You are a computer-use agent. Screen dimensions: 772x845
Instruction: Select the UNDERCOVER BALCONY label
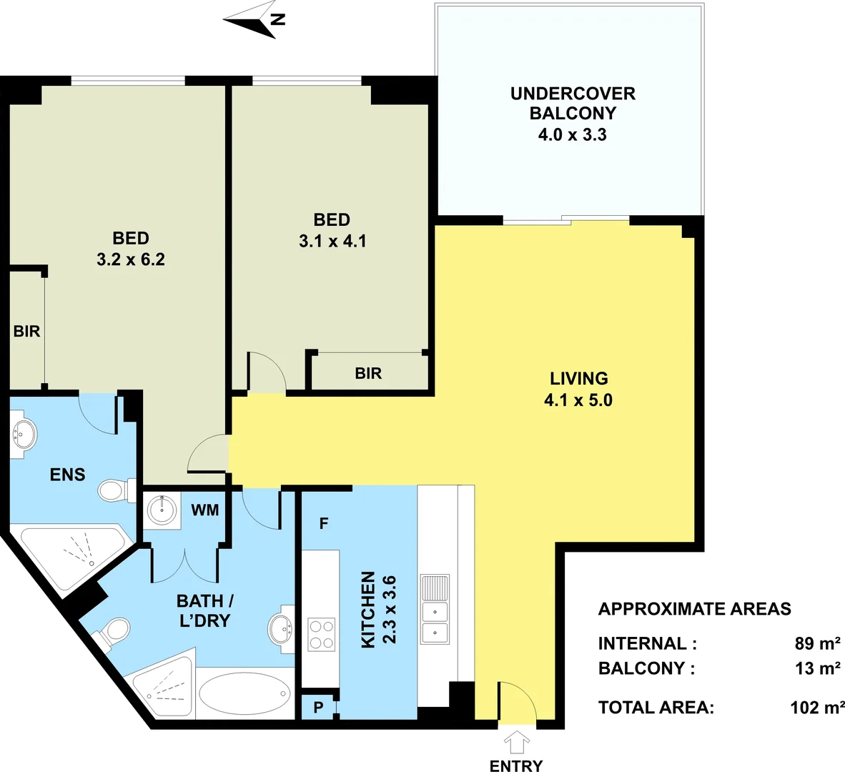pos(572,104)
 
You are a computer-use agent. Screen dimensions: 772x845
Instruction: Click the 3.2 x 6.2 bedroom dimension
pos(131,259)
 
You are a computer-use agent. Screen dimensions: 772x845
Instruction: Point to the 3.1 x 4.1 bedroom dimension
pos(332,241)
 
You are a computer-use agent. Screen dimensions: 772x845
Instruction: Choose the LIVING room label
pos(578,378)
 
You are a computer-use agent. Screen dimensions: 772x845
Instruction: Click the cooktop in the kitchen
pos(321,634)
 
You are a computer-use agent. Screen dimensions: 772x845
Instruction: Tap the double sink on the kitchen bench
pos(435,622)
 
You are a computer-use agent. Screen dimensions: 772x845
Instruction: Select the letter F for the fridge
pos(324,524)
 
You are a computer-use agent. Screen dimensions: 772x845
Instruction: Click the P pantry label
pos(318,707)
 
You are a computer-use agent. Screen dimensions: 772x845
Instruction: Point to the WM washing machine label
pos(205,510)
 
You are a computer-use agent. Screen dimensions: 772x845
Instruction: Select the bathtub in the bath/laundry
pos(244,693)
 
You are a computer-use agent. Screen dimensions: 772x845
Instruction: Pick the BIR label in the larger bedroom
pos(26,332)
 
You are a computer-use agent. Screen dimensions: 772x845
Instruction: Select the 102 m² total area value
pos(814,708)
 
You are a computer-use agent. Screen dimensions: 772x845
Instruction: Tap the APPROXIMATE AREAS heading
pos(694,609)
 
